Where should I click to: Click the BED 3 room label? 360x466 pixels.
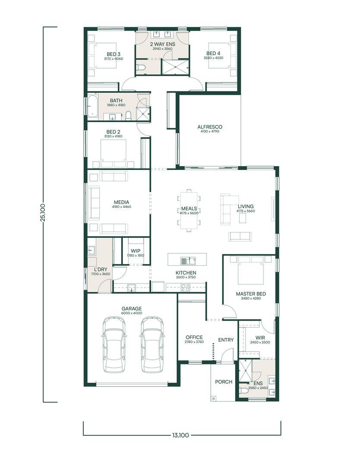click(x=113, y=54)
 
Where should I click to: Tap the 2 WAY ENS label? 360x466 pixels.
click(x=162, y=44)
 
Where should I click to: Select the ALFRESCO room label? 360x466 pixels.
click(x=210, y=127)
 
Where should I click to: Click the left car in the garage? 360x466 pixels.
click(x=114, y=344)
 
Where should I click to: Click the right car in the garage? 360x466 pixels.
click(x=152, y=344)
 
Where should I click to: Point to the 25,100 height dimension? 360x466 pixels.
click(x=44, y=213)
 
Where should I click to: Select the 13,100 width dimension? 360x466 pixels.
click(x=180, y=435)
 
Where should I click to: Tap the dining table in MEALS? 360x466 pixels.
click(x=189, y=211)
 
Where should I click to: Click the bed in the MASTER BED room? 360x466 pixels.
click(x=251, y=271)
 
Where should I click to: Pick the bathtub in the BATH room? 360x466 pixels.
click(x=92, y=106)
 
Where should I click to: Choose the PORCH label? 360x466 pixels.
click(x=224, y=381)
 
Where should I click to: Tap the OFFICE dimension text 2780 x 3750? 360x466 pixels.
click(x=194, y=342)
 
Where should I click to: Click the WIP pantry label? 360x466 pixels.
click(x=136, y=251)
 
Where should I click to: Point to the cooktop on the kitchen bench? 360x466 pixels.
click(x=186, y=288)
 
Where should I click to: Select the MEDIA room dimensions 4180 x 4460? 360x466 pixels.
click(x=121, y=207)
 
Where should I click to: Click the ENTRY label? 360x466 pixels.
click(x=226, y=340)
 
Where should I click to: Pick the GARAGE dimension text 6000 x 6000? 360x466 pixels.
click(x=132, y=313)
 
